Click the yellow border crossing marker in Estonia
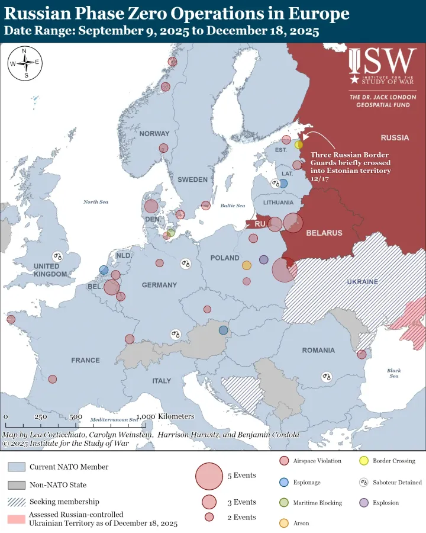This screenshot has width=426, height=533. coord(299,145)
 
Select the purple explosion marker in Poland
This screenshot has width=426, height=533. coord(264,259)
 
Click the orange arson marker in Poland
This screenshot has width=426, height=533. coord(247,265)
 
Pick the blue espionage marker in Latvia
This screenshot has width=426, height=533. coord(283,184)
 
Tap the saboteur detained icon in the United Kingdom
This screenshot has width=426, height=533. coord(58,256)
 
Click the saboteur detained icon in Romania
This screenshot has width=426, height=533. coord(327,377)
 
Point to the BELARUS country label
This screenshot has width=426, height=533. coord(324,233)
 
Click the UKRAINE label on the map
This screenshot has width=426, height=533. coord(362,282)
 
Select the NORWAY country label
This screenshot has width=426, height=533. coord(154,134)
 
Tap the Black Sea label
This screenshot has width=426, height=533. coord(394,374)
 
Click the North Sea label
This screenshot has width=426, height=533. coord(96,202)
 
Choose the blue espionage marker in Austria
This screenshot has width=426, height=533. coord(223,330)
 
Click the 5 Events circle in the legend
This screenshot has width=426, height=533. coord(208,476)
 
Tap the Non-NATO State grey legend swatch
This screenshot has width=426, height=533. coord(16,485)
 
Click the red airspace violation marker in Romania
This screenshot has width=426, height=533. coord(362,354)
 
